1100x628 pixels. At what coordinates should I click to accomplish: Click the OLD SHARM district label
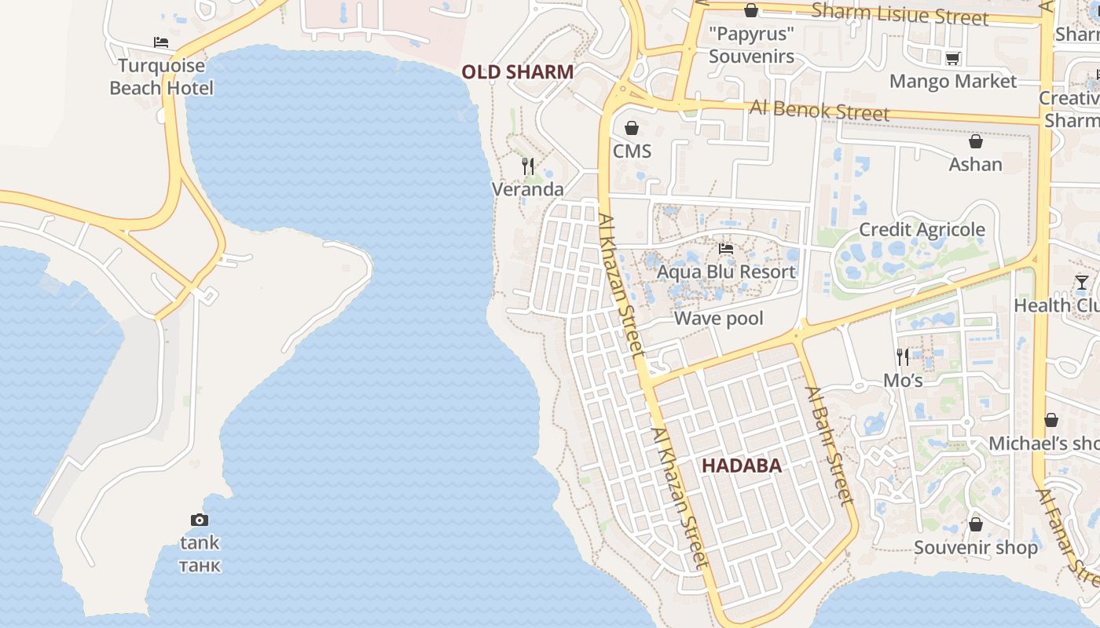click(517, 72)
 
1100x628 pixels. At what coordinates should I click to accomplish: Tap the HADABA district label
click(741, 466)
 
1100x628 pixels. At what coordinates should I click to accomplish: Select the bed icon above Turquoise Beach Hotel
click(161, 42)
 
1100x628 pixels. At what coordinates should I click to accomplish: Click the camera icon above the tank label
click(200, 520)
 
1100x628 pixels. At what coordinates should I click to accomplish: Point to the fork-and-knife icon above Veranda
click(528, 166)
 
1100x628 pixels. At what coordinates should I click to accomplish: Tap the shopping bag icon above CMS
click(632, 128)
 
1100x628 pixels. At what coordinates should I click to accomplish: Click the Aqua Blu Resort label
click(726, 272)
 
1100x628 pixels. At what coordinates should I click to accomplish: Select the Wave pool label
click(718, 319)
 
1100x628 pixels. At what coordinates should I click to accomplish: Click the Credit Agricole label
click(922, 229)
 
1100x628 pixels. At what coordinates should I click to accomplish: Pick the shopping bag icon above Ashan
click(975, 142)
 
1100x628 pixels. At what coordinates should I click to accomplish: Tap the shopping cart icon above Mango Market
click(953, 58)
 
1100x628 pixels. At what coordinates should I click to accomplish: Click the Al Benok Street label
click(819, 110)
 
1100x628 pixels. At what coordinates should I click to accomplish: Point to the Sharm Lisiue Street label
click(899, 14)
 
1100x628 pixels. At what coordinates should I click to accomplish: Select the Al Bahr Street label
click(828, 445)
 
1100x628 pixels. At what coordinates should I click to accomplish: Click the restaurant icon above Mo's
click(903, 357)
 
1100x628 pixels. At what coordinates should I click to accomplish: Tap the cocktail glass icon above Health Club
click(1082, 283)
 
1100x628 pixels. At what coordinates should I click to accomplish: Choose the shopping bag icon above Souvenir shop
click(976, 524)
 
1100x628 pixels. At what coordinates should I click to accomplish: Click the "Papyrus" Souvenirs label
click(751, 46)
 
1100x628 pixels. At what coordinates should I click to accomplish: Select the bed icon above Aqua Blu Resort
click(726, 249)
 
